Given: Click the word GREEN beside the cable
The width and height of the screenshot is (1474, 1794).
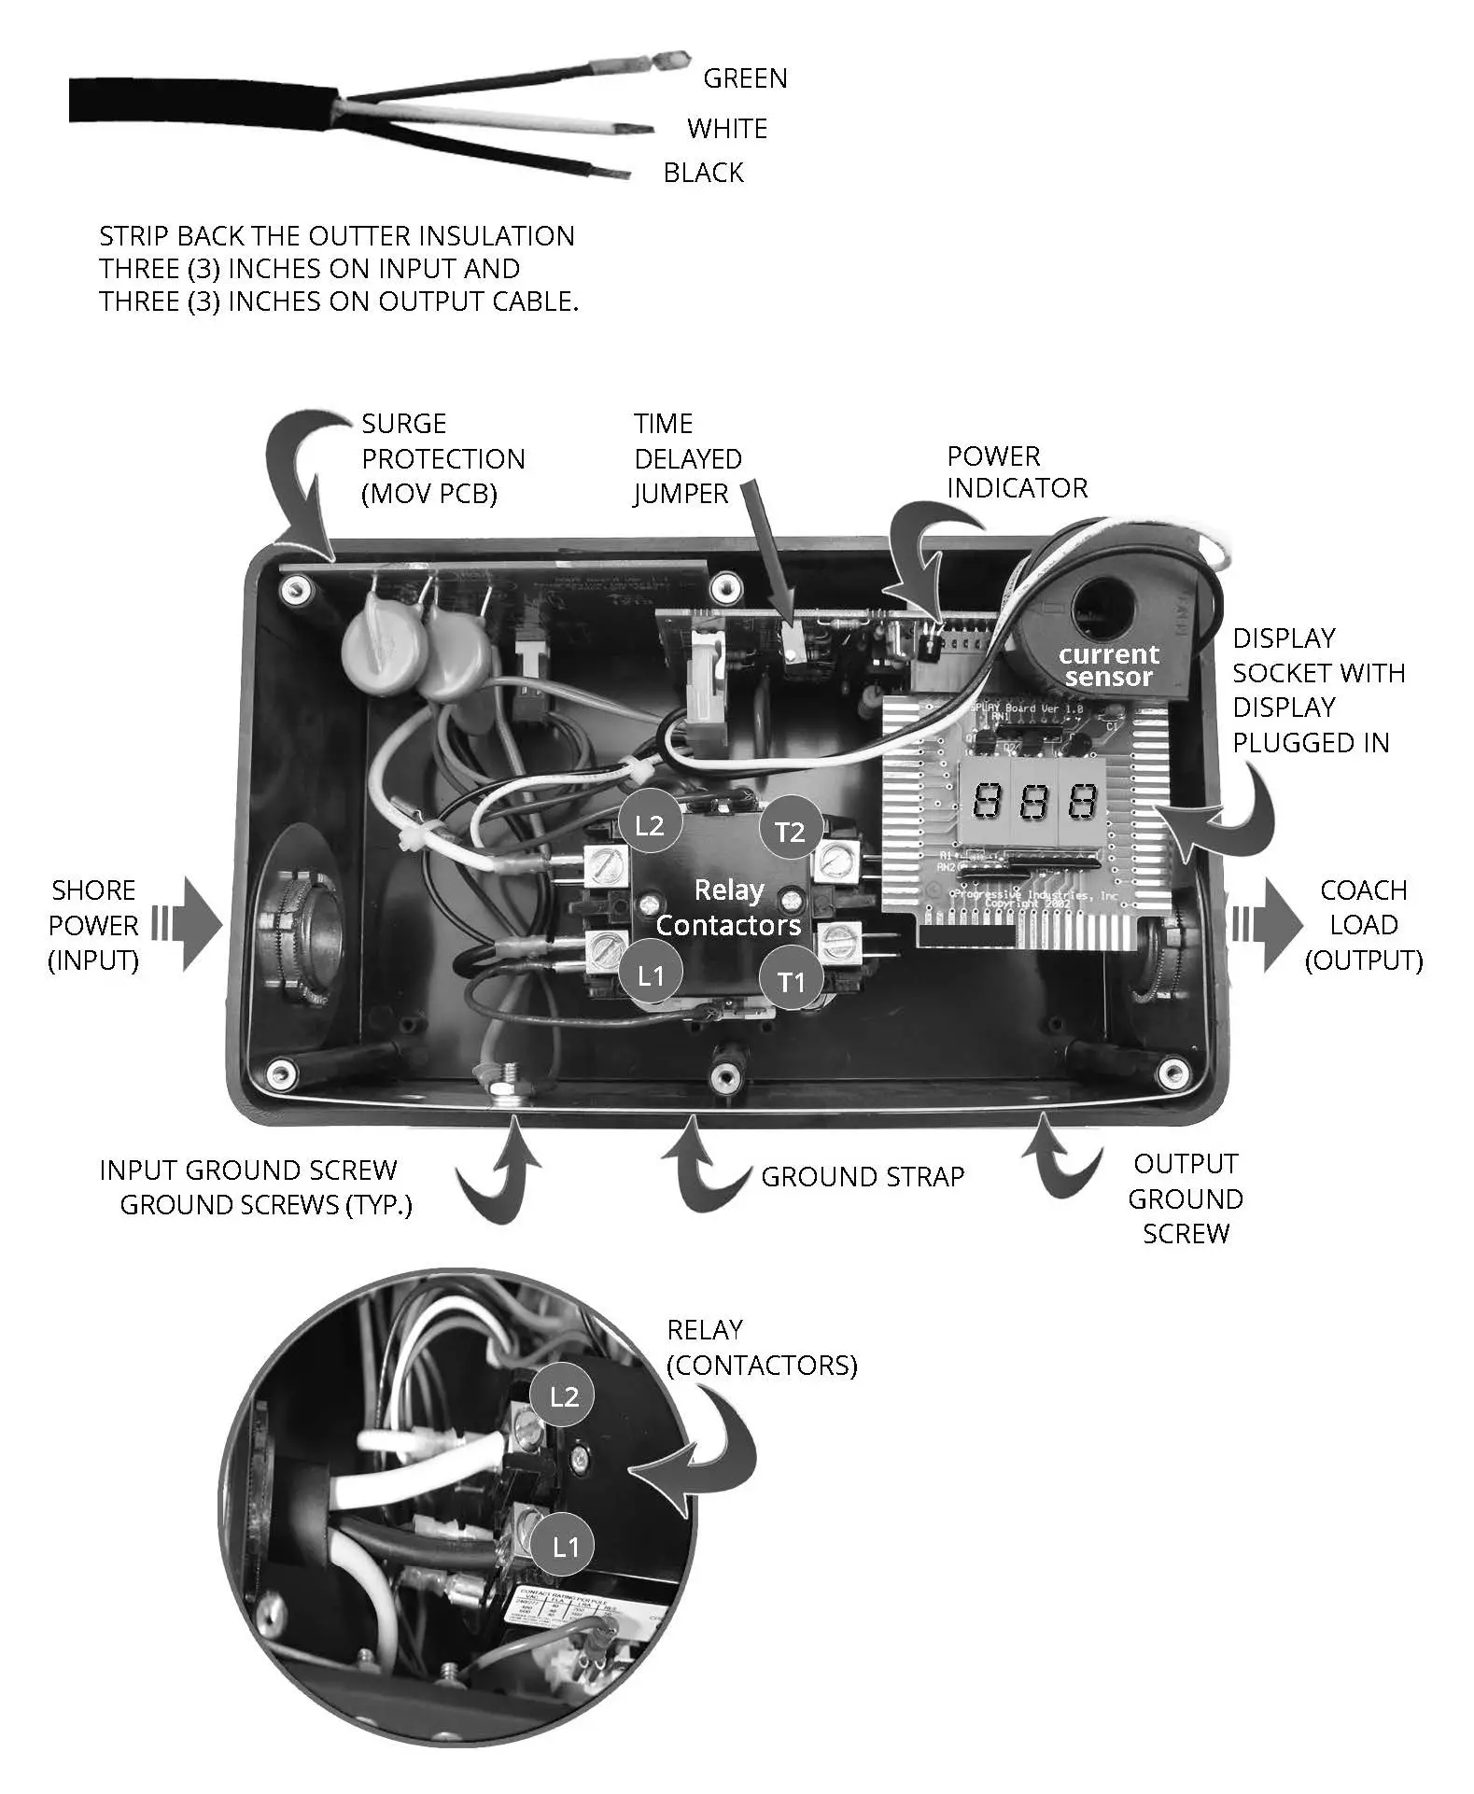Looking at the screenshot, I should tap(744, 78).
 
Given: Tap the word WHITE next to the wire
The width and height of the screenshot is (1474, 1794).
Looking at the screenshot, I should tap(726, 129).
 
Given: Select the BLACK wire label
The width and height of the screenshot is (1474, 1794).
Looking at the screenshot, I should tap(703, 173).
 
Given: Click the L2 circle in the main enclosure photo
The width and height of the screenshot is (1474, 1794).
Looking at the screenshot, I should tap(649, 825).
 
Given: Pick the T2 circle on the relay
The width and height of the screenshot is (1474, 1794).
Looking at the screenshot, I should tap(790, 831).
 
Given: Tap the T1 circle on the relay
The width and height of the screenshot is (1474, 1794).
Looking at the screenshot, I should tap(791, 981).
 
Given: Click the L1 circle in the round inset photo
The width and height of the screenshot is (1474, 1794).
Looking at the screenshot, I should tap(565, 1547).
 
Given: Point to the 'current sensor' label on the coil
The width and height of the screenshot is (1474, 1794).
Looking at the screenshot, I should tap(1109, 666).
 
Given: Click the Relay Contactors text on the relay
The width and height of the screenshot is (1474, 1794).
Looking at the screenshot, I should tap(728, 907).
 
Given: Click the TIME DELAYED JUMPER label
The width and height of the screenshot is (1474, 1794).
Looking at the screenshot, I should tap(687, 458).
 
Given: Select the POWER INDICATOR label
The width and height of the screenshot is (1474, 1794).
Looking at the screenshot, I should tap(1017, 472).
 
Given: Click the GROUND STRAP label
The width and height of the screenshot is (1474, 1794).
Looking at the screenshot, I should tap(862, 1176).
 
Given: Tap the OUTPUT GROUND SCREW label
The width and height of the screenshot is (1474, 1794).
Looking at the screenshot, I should tap(1185, 1198).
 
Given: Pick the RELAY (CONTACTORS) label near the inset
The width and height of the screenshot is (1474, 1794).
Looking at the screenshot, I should tap(761, 1348).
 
